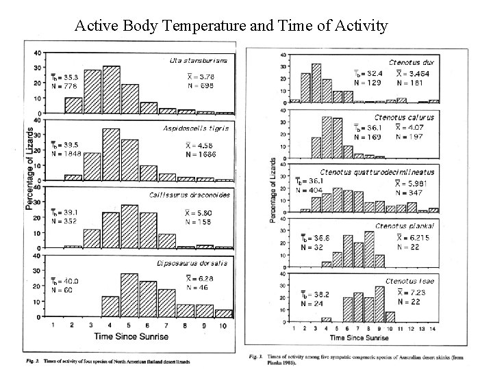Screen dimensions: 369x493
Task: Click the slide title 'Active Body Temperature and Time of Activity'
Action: [x=231, y=26]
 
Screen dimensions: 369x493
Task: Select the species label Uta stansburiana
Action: [x=199, y=61]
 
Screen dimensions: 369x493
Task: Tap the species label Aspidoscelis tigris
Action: [x=195, y=128]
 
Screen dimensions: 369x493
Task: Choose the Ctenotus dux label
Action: [x=411, y=62]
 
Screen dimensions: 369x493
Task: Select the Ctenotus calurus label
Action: [x=403, y=118]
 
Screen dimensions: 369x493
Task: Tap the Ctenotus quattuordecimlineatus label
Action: [x=377, y=172]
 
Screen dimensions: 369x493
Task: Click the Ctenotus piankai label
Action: [x=404, y=225]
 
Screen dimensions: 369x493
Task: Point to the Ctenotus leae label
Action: [x=409, y=281]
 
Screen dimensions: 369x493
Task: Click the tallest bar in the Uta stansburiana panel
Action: [x=111, y=90]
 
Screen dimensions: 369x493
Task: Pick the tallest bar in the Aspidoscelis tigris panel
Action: [x=111, y=154]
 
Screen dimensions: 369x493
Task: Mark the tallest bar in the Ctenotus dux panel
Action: [x=316, y=83]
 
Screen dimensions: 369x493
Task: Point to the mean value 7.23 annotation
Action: [x=415, y=292]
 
